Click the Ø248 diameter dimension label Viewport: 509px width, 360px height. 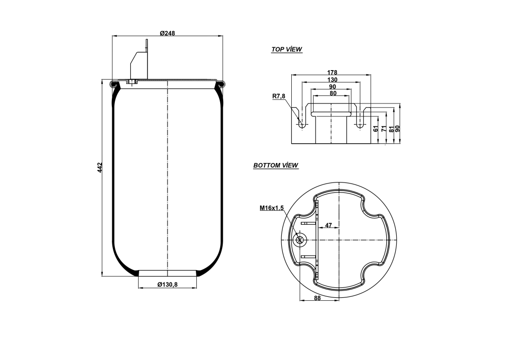click(168, 33)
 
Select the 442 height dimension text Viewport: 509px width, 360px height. click(99, 167)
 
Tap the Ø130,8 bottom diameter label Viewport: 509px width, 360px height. click(168, 284)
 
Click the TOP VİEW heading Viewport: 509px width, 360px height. click(286, 50)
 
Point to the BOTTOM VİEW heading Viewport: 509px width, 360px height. click(276, 166)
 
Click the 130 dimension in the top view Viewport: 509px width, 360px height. click(332, 80)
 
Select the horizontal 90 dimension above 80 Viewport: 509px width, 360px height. click(332, 87)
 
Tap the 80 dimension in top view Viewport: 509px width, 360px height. click(332, 93)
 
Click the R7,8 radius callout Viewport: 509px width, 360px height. click(278, 96)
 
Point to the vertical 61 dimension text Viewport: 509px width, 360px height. click(376, 128)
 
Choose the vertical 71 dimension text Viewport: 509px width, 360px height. click(384, 128)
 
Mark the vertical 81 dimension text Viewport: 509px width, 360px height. click(391, 128)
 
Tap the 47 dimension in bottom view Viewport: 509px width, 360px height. click(328, 226)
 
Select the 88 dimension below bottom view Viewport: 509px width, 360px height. click(318, 298)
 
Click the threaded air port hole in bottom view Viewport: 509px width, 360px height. click(300, 241)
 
